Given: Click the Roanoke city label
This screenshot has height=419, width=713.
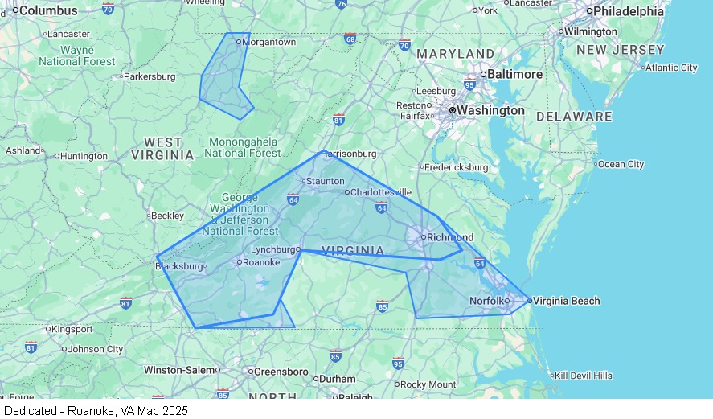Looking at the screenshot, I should pyautogui.click(x=261, y=262).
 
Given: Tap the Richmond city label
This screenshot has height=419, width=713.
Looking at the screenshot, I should pyautogui.click(x=450, y=237).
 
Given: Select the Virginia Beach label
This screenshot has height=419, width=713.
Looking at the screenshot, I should pyautogui.click(x=567, y=301).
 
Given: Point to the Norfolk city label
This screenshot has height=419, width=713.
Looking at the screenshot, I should pyautogui.click(x=486, y=301).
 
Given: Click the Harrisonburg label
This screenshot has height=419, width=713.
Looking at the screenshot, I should pyautogui.click(x=349, y=154).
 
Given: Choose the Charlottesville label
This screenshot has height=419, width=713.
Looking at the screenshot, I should pyautogui.click(x=381, y=192).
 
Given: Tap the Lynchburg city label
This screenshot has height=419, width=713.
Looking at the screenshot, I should pyautogui.click(x=274, y=250).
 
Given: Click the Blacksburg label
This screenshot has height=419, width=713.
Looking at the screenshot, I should pyautogui.click(x=179, y=266).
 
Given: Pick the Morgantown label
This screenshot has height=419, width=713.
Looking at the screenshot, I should pyautogui.click(x=269, y=42).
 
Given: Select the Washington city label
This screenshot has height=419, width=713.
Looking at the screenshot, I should pyautogui.click(x=491, y=110).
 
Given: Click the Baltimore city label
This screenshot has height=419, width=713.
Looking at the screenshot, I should pyautogui.click(x=515, y=74).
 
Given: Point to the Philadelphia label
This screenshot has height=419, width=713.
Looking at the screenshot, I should pyautogui.click(x=629, y=11).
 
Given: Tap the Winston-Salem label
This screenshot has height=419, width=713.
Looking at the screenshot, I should pyautogui.click(x=179, y=370).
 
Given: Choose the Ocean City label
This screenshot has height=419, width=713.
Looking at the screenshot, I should pyautogui.click(x=621, y=164).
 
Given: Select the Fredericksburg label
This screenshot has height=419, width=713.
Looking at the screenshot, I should pyautogui.click(x=457, y=167).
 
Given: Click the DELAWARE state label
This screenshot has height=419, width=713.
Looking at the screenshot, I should pyautogui.click(x=574, y=117).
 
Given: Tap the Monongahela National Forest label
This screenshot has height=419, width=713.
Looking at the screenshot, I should pyautogui.click(x=244, y=147).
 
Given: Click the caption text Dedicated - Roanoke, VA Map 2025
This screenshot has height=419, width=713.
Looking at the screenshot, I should pyautogui.click(x=96, y=411).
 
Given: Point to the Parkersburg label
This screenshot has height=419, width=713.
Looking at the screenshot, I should pyautogui.click(x=149, y=76).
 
